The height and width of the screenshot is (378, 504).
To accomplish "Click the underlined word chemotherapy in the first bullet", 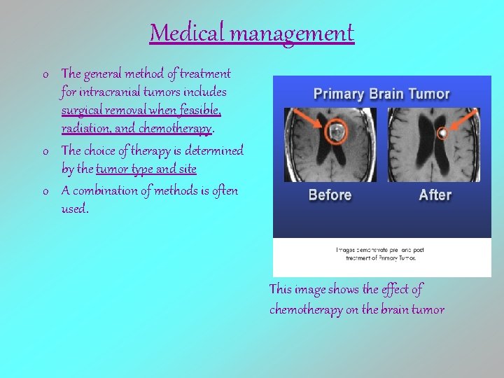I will click(x=178, y=128).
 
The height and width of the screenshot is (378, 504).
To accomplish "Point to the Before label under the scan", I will click(x=330, y=195).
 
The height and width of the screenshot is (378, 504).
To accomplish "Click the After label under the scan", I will click(x=435, y=195).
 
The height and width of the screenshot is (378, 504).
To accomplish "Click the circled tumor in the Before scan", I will click(x=336, y=131).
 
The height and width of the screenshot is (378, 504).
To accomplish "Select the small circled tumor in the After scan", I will click(x=442, y=132).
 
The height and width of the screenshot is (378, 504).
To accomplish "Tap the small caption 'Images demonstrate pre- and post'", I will click(x=381, y=250).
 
